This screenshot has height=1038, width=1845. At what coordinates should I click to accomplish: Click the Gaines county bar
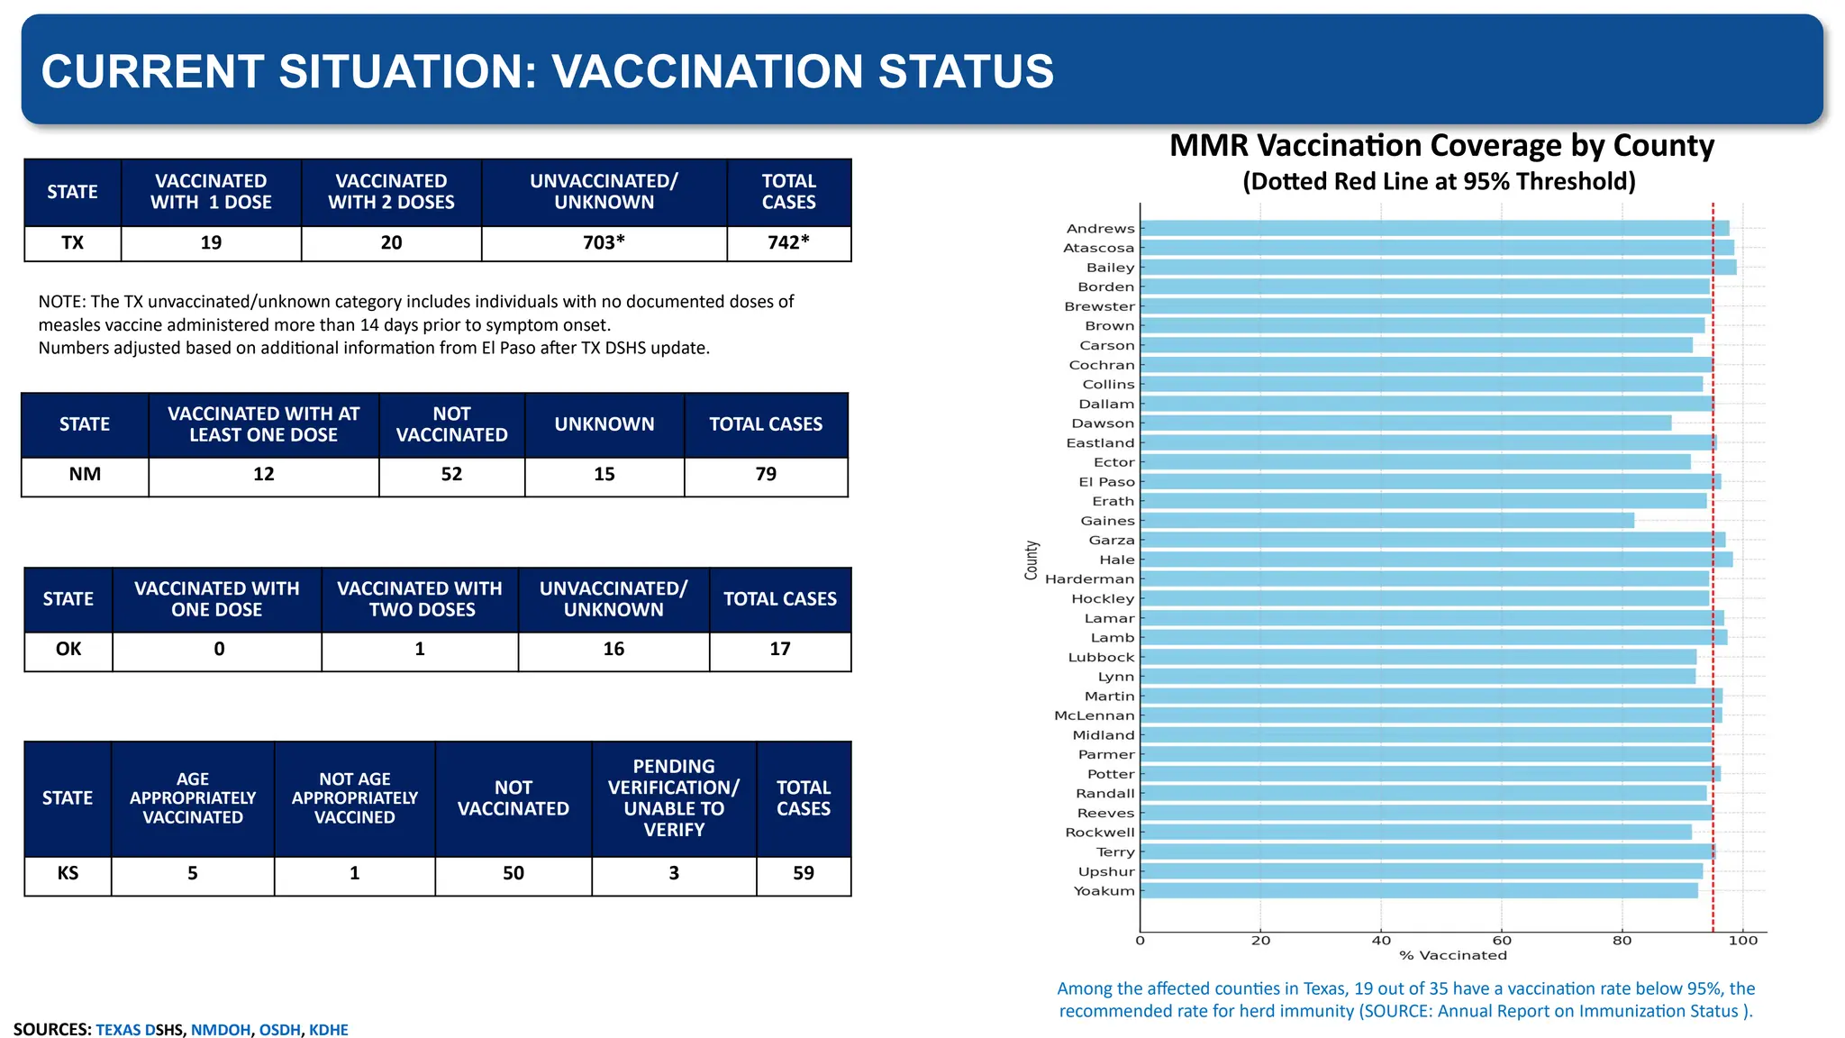pos(1387,520)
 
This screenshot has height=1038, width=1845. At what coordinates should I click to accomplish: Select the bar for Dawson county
pos(1405,423)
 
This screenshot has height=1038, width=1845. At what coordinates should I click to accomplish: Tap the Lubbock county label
pos(1101,657)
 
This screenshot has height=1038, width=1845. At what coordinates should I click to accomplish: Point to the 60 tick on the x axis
pos(1501,940)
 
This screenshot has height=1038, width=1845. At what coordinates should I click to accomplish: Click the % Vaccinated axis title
pos(1452,955)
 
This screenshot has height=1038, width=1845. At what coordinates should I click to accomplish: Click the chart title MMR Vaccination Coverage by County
pos(1441,146)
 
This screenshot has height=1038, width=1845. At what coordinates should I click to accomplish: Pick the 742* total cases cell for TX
pos(788,242)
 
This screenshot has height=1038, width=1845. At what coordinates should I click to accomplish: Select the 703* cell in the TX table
pos(604,242)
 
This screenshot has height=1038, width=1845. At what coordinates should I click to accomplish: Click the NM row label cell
pos(85,474)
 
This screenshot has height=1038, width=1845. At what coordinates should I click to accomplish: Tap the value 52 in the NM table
pos(451,474)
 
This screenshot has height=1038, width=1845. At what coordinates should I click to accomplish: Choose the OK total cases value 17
pos(779,649)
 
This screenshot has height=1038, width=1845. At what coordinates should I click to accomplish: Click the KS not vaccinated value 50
pos(513,873)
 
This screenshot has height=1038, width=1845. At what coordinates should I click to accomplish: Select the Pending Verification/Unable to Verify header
pos(673,797)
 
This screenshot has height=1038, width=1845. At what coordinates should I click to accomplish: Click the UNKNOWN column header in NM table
pos(604,424)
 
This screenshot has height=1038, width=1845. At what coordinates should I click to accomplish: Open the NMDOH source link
pos(220,1030)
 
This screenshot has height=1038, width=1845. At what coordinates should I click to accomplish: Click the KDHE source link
pos(328,1030)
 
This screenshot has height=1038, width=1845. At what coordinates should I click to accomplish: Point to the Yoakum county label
pos(1104,890)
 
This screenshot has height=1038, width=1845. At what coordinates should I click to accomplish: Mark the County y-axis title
pos(1032,560)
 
